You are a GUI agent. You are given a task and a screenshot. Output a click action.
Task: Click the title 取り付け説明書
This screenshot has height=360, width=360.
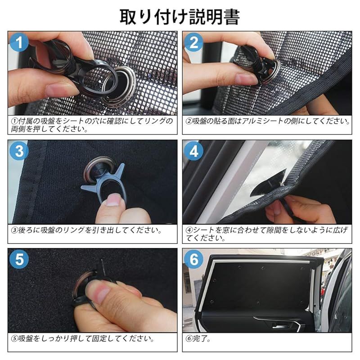(x=180, y=17)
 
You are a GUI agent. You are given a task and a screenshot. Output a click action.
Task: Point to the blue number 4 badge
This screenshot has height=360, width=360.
(x=194, y=151)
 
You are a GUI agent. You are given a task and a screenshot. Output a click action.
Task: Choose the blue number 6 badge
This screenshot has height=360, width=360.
(x=194, y=260)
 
